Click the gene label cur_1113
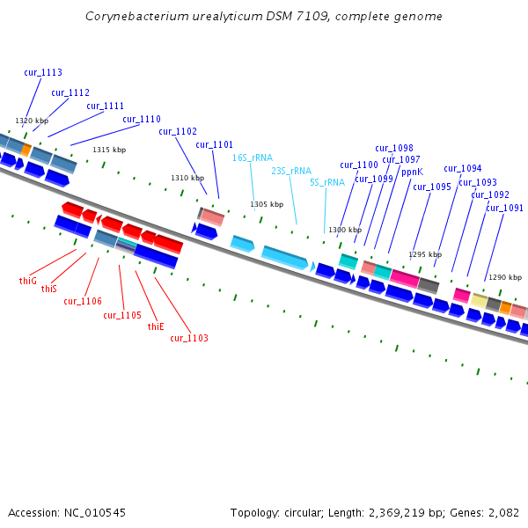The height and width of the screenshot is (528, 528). point(43,73)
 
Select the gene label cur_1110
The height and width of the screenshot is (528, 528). point(142,120)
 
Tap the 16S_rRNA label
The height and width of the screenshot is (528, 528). point(253,158)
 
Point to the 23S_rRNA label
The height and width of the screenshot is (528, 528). point(291,171)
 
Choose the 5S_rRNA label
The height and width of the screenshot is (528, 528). point(327,183)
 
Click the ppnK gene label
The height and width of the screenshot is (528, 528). point(412,172)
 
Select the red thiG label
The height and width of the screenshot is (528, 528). point(28,282)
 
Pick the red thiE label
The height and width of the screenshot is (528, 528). point(156,326)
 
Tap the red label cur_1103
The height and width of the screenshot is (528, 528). point(189,338)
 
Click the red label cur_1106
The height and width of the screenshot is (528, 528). point(83,301)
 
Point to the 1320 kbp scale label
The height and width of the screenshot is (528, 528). point(32,121)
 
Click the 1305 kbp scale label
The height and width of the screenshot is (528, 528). point(267,205)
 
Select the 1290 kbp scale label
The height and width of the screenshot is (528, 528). point(505,277)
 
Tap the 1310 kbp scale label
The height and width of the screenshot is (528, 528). point(187,178)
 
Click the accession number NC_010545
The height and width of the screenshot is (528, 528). point(96,512)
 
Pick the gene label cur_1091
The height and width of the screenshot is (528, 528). point(504,209)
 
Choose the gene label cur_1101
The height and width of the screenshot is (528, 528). point(215,145)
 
